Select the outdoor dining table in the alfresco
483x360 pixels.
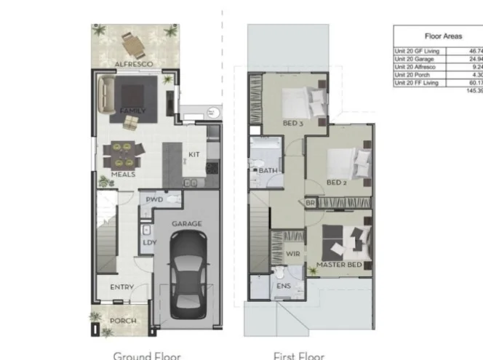point(134,46)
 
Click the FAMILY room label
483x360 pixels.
point(132,111)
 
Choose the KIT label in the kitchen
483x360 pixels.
point(194,154)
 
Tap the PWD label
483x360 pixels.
point(153,199)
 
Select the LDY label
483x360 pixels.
point(148,243)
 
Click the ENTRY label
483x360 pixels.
point(121,288)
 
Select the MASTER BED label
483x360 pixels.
point(339,265)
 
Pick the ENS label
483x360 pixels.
point(283,286)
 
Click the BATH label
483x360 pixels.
point(268,171)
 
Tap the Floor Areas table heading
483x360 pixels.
point(443,35)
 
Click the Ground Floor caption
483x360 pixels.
point(146,356)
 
